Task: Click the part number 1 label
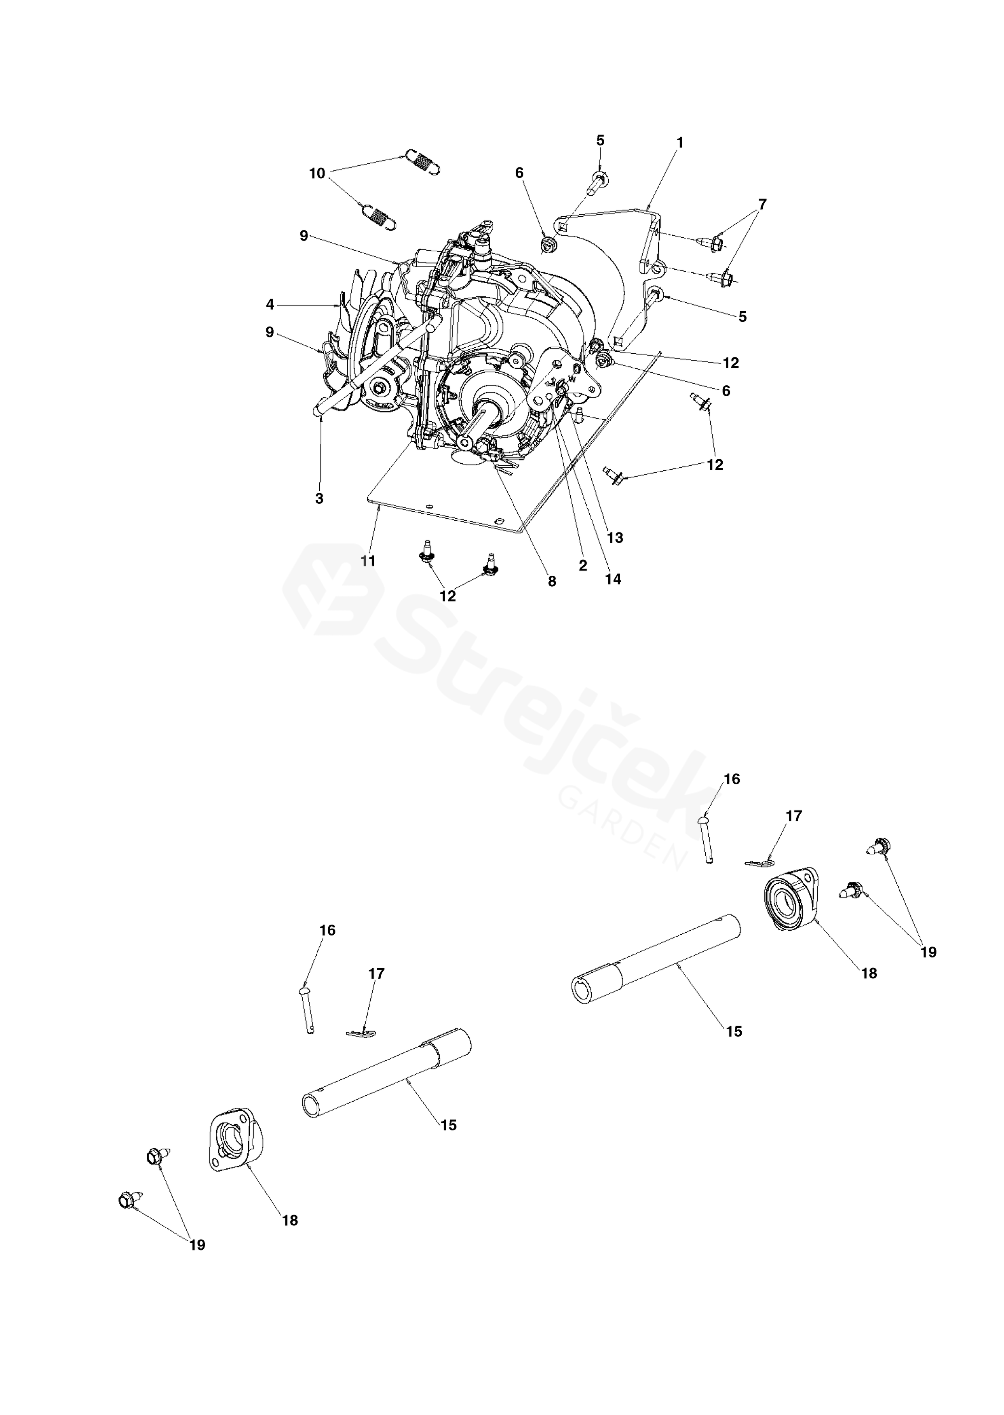pyautogui.click(x=680, y=143)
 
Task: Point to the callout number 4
pyautogui.click(x=270, y=304)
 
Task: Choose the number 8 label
pyautogui.click(x=551, y=581)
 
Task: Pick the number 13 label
pyautogui.click(x=615, y=538)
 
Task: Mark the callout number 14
pyautogui.click(x=613, y=579)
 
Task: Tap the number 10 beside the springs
pyautogui.click(x=317, y=174)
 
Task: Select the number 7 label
pyautogui.click(x=762, y=204)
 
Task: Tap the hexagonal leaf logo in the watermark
pyautogui.click(x=334, y=591)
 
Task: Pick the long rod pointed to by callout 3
pyautogui.click(x=377, y=365)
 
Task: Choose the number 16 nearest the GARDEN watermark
pyautogui.click(x=731, y=779)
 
